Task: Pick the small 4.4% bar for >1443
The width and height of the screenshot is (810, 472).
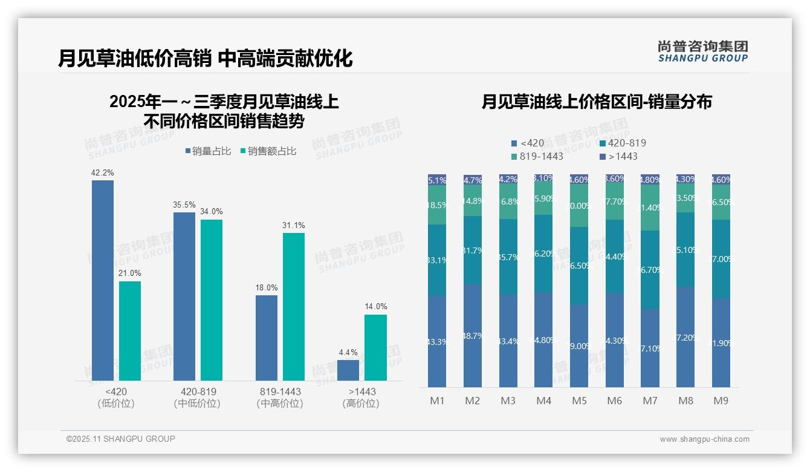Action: (x=348, y=370)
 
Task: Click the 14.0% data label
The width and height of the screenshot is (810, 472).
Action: (x=375, y=307)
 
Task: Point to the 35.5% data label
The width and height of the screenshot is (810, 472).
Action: (x=184, y=205)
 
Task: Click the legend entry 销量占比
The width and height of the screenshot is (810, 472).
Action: (x=207, y=151)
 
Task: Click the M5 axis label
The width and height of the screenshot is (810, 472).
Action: (x=579, y=401)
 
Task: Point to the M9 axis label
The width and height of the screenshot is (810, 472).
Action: (x=721, y=401)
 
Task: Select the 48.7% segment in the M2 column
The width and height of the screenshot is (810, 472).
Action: (x=473, y=335)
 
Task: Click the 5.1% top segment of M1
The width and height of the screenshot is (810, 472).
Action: (x=437, y=180)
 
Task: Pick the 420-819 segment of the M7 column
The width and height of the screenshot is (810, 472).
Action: (x=650, y=270)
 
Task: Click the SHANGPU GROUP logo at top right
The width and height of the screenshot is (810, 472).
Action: (x=702, y=51)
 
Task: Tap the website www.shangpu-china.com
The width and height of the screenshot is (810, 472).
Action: (x=704, y=439)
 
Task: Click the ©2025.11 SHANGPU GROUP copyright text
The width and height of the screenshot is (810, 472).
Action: (x=121, y=439)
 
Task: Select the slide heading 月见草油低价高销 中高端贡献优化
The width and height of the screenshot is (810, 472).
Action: (x=206, y=59)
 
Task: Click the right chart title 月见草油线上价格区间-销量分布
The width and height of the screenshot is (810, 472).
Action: (x=597, y=102)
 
